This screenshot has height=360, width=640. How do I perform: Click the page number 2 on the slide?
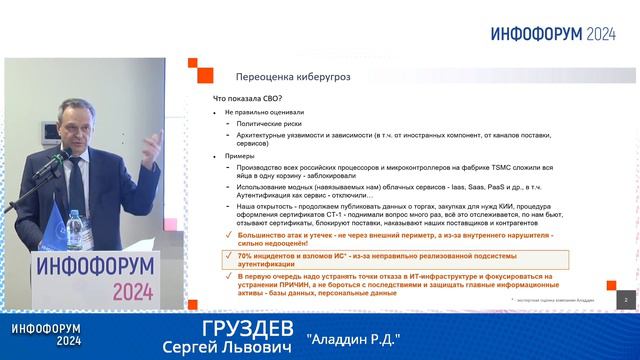[625, 299]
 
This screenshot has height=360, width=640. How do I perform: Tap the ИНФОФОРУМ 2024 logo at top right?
[552, 32]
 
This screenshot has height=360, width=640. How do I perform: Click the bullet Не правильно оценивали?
[265, 113]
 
